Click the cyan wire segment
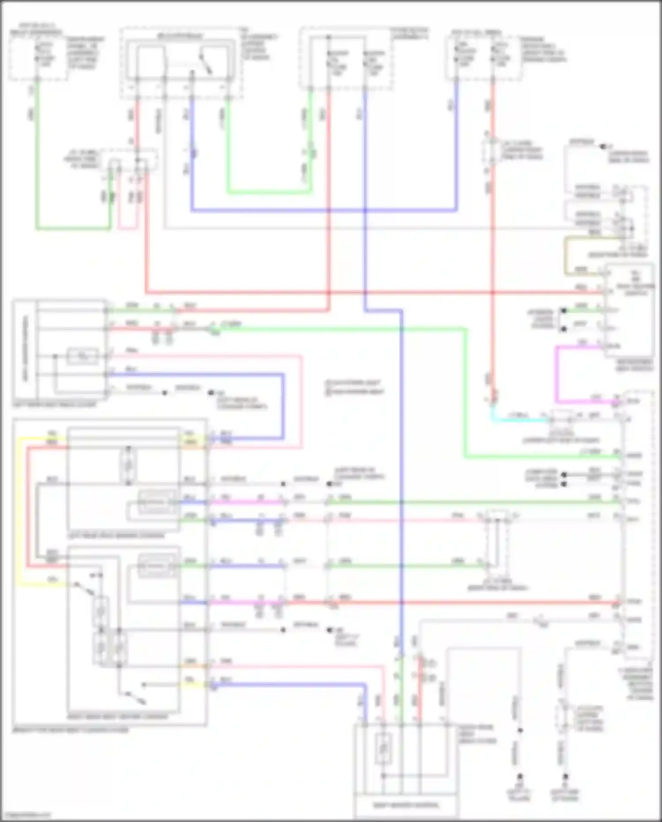pos(516,418)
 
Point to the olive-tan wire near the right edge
pos(565,256)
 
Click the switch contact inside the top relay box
pos(206,65)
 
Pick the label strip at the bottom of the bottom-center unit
pos(406,805)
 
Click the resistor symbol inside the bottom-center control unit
pos(383,749)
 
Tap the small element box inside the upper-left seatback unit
pos(83,356)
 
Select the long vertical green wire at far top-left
pos(37,155)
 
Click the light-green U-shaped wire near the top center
pos(269,192)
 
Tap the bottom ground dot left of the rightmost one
pos(519,788)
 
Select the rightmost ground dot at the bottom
pos(565,788)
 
